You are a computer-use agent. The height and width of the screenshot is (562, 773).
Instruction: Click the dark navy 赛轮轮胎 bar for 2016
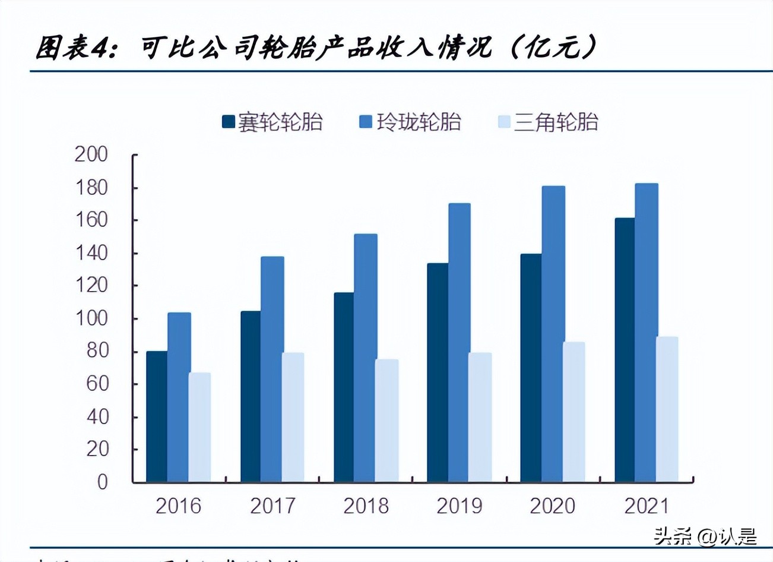point(157,416)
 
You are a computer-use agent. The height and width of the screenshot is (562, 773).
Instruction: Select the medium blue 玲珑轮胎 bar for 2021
point(646,333)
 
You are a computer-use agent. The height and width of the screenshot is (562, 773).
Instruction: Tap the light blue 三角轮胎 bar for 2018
point(386,420)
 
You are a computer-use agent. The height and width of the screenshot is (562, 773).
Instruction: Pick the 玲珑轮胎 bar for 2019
point(459,342)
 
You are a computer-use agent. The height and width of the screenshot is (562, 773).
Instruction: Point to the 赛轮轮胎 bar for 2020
point(531,368)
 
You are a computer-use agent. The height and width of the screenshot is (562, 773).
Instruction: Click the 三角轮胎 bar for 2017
point(293,417)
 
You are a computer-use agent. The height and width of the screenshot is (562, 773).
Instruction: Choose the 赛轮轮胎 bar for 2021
point(625,350)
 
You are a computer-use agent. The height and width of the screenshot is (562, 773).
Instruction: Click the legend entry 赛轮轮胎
point(273,122)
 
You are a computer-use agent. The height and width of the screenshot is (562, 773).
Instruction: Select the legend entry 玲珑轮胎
point(411,122)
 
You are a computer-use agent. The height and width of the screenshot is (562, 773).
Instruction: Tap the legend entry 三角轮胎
point(548,122)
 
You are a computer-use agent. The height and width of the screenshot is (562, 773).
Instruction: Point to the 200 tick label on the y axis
point(91,154)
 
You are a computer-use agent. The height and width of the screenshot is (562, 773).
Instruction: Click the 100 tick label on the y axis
point(91,318)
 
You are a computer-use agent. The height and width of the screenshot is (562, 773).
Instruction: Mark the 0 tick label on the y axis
point(103,481)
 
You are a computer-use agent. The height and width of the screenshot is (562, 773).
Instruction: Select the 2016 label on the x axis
point(178,506)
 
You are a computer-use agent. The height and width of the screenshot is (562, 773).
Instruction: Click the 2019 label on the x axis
point(459,506)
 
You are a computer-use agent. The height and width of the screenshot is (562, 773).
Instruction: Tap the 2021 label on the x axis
point(646,506)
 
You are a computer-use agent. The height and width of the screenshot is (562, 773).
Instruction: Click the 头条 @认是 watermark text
point(705,537)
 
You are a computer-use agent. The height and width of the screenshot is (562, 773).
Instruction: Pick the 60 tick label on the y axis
point(97,384)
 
